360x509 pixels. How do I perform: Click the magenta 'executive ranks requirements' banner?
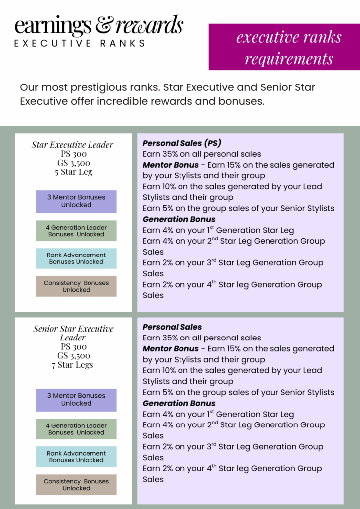click(x=288, y=48)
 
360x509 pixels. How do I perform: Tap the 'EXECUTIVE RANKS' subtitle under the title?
click(x=80, y=43)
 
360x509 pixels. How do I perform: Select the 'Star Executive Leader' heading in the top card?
click(x=73, y=145)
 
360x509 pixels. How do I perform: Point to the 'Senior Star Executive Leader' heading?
click(x=74, y=333)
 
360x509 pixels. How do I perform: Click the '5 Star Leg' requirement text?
click(x=73, y=172)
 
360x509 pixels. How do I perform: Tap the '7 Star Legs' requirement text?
click(x=73, y=365)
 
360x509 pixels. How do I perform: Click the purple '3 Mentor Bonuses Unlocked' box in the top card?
click(x=76, y=201)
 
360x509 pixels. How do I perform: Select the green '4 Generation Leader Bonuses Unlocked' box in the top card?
click(x=76, y=231)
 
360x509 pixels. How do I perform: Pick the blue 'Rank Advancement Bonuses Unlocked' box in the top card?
click(x=76, y=258)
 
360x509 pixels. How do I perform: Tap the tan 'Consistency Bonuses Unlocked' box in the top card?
click(x=76, y=286)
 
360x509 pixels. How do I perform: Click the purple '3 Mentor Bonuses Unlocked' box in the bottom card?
click(x=76, y=400)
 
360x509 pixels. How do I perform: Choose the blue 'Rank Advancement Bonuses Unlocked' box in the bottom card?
click(x=76, y=457)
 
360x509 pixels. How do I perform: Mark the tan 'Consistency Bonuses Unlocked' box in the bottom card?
click(x=76, y=485)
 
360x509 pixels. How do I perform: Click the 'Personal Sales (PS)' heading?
click(x=181, y=143)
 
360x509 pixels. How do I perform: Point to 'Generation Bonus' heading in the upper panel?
click(x=179, y=219)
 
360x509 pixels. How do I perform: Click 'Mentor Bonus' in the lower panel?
click(x=171, y=349)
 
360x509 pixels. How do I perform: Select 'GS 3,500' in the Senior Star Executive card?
click(x=73, y=356)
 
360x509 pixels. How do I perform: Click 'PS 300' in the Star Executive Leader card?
click(x=73, y=154)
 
